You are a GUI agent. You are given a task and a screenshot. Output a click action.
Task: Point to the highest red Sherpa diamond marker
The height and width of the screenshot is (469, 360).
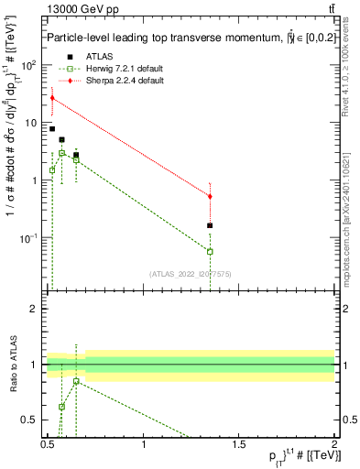pyautogui.click(x=52, y=98)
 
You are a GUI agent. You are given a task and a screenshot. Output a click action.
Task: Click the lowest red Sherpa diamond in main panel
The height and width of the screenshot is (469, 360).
pyautogui.click(x=211, y=196)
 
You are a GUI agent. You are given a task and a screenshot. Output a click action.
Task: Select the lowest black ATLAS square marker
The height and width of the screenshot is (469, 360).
pyautogui.click(x=211, y=225)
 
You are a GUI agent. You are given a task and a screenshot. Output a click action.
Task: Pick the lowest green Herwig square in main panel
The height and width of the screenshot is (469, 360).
pyautogui.click(x=211, y=251)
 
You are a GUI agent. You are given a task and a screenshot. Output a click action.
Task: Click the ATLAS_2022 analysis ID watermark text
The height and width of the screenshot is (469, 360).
pyautogui.click(x=190, y=274)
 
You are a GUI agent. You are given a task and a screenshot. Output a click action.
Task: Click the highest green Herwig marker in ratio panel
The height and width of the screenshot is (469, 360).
pyautogui.click(x=76, y=381)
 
